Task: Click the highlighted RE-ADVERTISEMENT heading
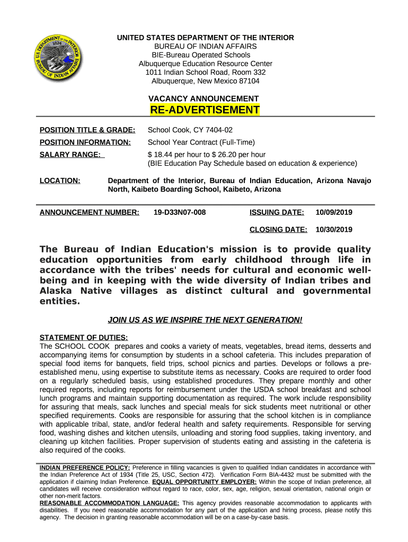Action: (205, 110)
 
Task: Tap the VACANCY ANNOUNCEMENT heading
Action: (203, 98)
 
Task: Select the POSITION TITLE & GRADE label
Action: (87, 130)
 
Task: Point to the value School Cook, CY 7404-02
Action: (190, 130)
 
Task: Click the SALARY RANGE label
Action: (72, 154)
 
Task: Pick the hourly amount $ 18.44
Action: (162, 154)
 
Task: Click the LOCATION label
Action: (60, 181)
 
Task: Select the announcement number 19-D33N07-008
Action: (179, 212)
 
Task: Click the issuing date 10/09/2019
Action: (334, 212)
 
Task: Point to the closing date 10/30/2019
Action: (334, 229)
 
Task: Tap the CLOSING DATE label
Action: (278, 229)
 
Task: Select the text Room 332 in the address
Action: (251, 72)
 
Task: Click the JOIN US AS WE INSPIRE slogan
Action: (205, 320)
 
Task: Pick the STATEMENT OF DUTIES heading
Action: (84, 338)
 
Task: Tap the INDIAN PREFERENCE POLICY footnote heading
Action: (85, 467)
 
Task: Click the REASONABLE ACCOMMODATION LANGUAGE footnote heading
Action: (110, 503)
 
